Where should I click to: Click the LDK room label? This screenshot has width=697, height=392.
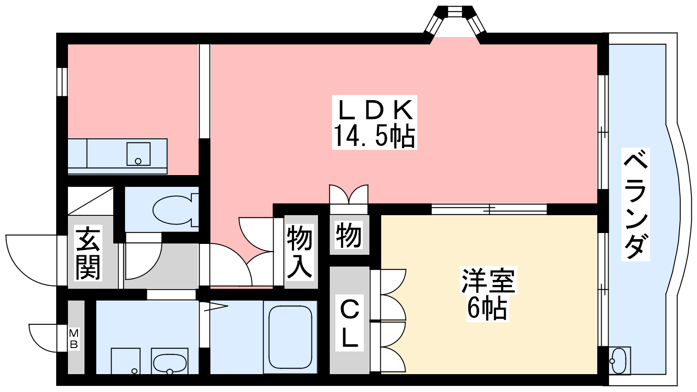(375, 110)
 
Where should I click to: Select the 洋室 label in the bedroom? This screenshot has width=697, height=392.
(488, 280)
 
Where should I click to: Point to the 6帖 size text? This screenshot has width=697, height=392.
(487, 308)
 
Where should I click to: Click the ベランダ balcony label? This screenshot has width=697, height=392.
(636, 204)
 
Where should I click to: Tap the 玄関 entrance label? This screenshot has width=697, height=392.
(88, 253)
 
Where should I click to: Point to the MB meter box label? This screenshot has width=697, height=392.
(74, 339)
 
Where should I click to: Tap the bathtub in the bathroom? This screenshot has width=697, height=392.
(290, 337)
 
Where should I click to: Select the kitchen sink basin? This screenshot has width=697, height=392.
(139, 154)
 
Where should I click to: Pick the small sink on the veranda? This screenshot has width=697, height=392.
(619, 361)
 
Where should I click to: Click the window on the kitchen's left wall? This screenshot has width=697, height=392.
(62, 82)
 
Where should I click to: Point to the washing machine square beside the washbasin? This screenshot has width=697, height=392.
(125, 361)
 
